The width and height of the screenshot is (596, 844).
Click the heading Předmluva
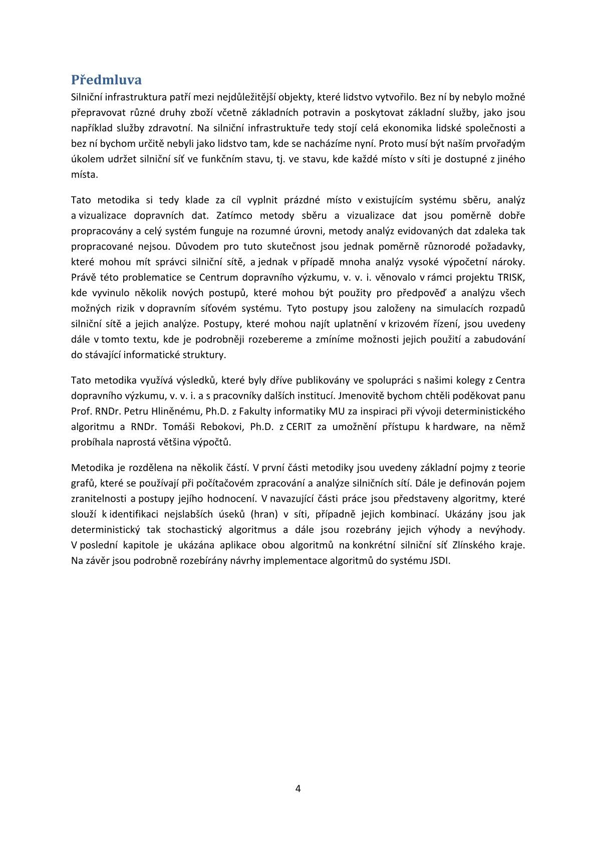[x=106, y=80]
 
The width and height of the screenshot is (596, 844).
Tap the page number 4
[x=298, y=788]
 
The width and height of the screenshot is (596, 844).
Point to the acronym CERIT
[x=300, y=427]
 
